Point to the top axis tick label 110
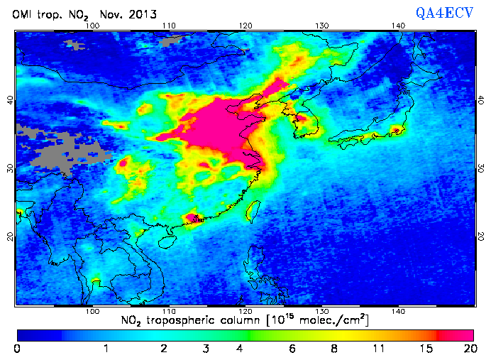coord(168,26)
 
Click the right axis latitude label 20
coord(481,235)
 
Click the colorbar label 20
coord(468,349)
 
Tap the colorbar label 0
coord(17,349)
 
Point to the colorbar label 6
coord(292,349)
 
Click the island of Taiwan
coord(251,209)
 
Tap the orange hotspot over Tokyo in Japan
coord(397,131)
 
